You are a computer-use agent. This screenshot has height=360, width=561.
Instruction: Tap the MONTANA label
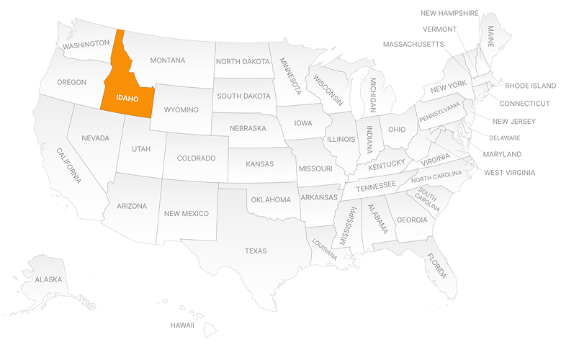click(168, 60)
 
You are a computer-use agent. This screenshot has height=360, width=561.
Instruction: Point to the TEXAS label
click(256, 251)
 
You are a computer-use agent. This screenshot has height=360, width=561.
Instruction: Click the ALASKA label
click(49, 279)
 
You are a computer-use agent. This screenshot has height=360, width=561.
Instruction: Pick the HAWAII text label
click(182, 325)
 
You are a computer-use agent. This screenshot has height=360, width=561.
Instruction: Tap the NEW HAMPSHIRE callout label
click(450, 13)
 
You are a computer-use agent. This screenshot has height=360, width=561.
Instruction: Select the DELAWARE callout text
click(504, 138)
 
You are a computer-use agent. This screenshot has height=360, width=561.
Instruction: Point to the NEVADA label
click(95, 138)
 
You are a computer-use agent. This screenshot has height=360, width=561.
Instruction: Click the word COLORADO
click(196, 158)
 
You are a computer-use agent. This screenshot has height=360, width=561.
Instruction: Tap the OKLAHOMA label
click(270, 199)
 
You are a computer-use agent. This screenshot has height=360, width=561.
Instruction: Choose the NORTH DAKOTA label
click(242, 61)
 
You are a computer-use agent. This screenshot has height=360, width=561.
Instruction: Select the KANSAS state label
click(260, 163)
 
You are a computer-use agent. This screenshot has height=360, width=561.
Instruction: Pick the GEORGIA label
click(412, 220)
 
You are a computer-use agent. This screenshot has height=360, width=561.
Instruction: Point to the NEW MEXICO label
click(186, 213)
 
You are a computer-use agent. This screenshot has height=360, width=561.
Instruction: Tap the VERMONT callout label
click(440, 29)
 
